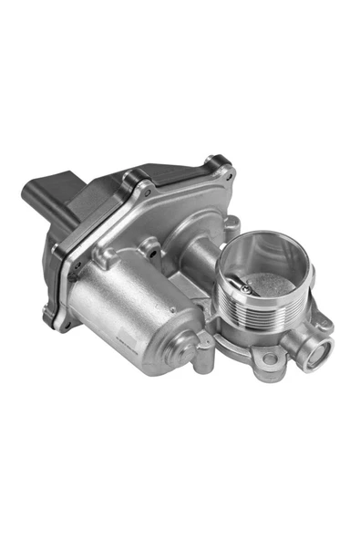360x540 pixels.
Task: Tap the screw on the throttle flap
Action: point(247,287)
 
